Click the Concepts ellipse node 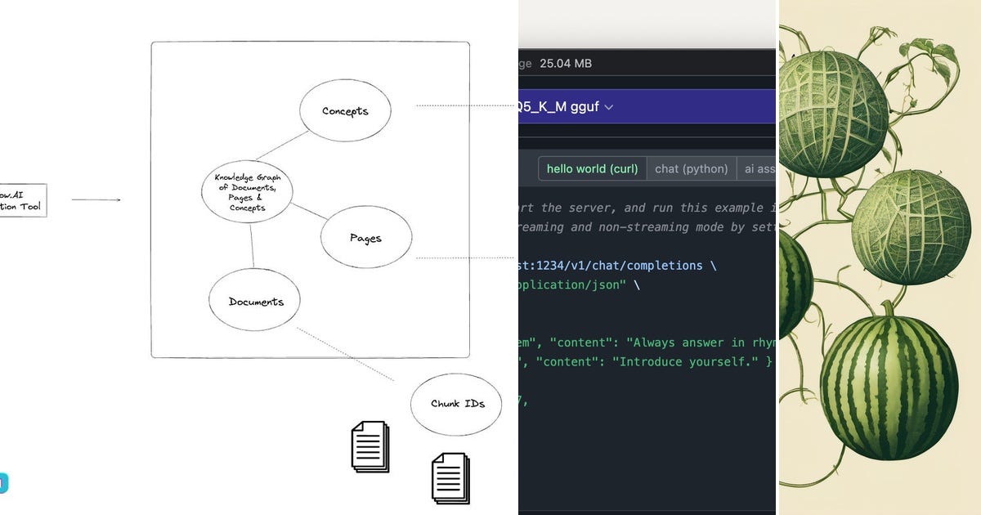[345, 110]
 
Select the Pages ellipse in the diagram [365, 238]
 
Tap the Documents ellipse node [255, 301]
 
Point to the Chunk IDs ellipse [456, 403]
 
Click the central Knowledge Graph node [247, 192]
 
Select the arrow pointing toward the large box [96, 199]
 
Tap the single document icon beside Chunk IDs [370, 446]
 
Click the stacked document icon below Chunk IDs [450, 478]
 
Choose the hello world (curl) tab [592, 168]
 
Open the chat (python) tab [692, 168]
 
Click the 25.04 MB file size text [566, 64]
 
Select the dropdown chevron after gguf [608, 107]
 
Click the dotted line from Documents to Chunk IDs [345, 356]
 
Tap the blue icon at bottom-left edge [3, 483]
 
